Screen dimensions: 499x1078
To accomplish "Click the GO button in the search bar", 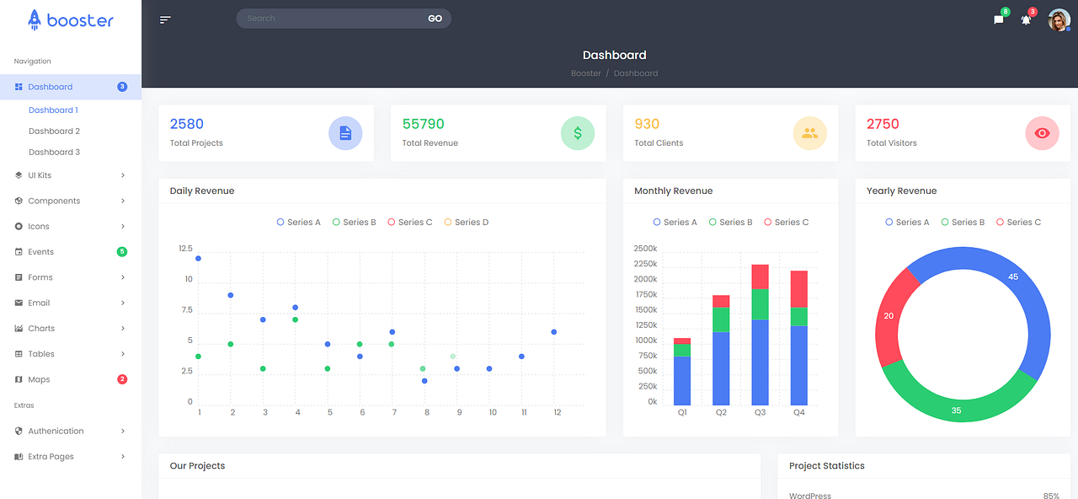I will (x=435, y=19).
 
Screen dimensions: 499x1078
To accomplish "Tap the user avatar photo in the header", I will (x=1059, y=19).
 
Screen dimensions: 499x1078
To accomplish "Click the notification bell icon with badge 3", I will (x=1026, y=20).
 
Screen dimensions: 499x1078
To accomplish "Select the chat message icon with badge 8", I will (x=999, y=20).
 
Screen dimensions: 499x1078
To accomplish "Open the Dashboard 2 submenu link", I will (x=54, y=131).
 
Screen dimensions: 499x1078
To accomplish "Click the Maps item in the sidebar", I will (x=39, y=379).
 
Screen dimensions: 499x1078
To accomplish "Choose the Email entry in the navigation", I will (x=39, y=303).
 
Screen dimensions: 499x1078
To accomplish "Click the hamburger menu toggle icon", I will (x=165, y=19).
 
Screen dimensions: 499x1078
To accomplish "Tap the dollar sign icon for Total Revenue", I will (x=578, y=133).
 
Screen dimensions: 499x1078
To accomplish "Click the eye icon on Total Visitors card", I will (x=1042, y=133).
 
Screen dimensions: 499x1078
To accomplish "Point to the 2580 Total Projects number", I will (x=187, y=124).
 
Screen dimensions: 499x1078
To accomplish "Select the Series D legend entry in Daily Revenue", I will (x=466, y=223).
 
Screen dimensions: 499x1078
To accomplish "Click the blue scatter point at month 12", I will (x=553, y=332).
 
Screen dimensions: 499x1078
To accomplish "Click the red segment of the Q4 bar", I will (x=798, y=288).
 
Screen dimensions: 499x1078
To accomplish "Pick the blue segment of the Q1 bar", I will (x=682, y=380).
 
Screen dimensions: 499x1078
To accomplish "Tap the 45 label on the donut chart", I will (x=1013, y=276).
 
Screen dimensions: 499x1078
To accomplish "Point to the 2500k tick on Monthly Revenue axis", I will (x=645, y=249).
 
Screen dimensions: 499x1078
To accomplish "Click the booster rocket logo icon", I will (x=35, y=19).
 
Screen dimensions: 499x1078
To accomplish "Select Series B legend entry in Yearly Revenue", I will (x=963, y=223).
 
